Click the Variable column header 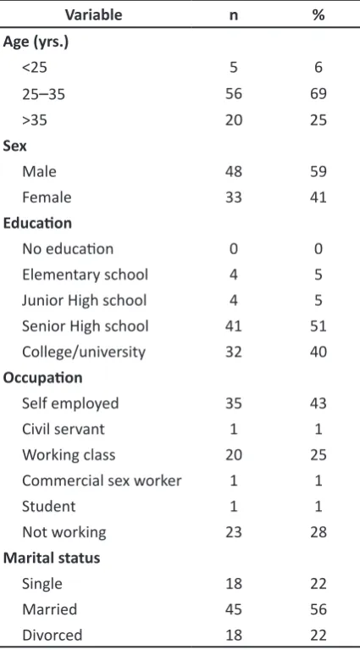coord(94,15)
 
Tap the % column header coord(318,15)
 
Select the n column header coord(233,16)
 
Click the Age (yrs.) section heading coord(36,42)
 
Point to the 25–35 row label coord(43,94)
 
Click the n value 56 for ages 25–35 coord(233,94)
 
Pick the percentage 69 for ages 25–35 coord(318,94)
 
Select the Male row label coord(39,171)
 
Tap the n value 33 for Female coord(233,197)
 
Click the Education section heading coord(37,223)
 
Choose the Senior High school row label coord(86,326)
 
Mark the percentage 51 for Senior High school coord(318,326)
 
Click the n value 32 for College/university coord(233,352)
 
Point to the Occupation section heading coord(42,378)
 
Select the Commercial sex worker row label coord(102,481)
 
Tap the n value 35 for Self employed coord(233,403)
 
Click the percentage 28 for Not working coord(318,532)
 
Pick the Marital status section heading coord(52,558)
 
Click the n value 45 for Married coord(233,609)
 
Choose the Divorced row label coord(53,635)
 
